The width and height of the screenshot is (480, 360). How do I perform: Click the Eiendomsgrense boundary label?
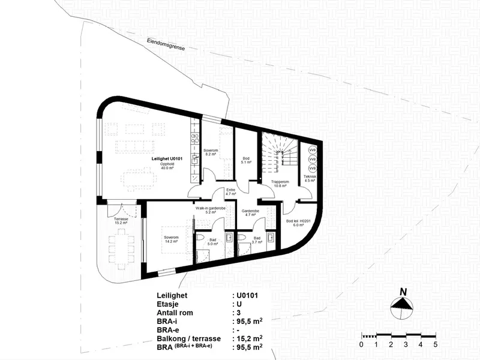166,44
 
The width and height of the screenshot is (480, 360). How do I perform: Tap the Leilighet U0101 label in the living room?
167,158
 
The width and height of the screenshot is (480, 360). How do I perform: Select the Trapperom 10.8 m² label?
280,184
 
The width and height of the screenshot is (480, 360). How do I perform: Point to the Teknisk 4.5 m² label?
310,178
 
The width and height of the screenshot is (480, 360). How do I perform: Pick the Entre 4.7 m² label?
231,192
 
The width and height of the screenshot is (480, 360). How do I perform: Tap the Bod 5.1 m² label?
246,160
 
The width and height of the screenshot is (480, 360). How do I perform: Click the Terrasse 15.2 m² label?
121,221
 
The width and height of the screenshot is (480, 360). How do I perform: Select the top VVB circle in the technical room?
312,151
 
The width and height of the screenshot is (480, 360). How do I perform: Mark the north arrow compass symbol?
401,308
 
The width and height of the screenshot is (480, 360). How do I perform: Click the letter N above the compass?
403,292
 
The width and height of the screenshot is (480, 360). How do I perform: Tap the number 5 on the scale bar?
436,344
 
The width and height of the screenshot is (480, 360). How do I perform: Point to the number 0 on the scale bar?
362,344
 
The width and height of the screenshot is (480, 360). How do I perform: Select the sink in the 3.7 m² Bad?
271,237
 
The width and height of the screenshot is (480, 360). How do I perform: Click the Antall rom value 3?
238,313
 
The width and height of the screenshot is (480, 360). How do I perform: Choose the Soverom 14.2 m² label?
171,239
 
